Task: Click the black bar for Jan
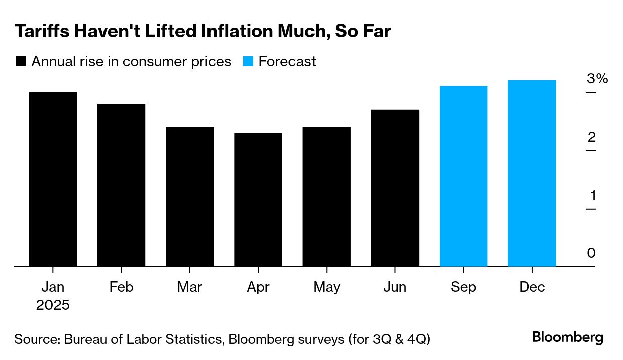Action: coord(53,179)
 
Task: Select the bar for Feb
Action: coord(121,185)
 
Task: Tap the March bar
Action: coord(189,197)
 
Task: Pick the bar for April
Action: coord(258,200)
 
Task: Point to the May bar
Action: coord(327,197)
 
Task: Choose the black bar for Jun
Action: coord(395,188)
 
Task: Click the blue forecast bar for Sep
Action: coord(463,176)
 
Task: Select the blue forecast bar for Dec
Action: coord(532,173)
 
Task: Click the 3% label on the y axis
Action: coord(597,79)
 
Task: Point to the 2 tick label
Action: coord(591,137)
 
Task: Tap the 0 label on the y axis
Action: coord(591,253)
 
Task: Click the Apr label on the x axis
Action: coord(258,287)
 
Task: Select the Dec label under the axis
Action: coord(532,287)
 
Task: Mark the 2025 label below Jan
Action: coord(53,305)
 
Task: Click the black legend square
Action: coord(21,62)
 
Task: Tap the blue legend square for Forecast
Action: coord(248,62)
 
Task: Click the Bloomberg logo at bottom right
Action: coord(568,337)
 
